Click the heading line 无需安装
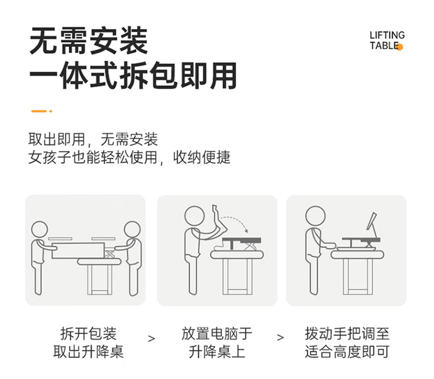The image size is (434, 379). (x=88, y=41)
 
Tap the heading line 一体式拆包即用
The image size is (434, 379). (x=133, y=75)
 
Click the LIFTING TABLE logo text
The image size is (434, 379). (x=387, y=41)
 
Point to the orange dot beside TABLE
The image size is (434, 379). (x=399, y=47)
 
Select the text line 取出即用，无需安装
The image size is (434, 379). (x=93, y=139)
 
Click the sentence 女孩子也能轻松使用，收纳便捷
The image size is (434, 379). (x=129, y=158)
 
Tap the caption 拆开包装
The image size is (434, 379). (x=88, y=333)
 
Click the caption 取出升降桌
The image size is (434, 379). (x=88, y=352)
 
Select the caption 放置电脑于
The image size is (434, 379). (x=216, y=333)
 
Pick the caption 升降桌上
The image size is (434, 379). (x=217, y=352)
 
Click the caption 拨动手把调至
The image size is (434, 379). (x=347, y=333)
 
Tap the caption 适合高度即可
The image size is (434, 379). (x=347, y=352)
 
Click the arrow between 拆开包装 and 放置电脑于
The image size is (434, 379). (x=152, y=338)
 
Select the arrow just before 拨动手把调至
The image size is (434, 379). (x=280, y=337)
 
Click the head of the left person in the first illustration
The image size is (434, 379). (x=40, y=230)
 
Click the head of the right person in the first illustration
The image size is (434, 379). (x=132, y=230)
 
